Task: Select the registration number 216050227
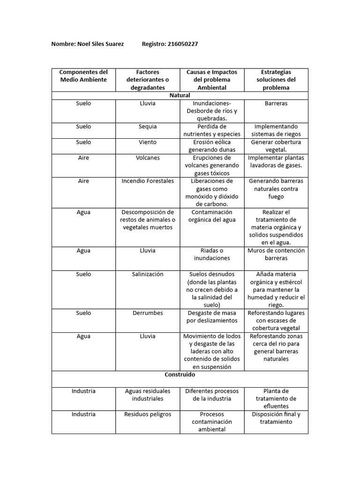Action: coord(182,44)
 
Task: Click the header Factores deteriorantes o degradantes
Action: coord(148,80)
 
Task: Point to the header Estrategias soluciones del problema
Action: coord(276,80)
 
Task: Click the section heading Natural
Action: coord(180,95)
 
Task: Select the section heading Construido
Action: coord(180,375)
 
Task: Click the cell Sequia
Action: coord(148,127)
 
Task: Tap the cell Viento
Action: coord(148,142)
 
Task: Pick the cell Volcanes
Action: coord(148,158)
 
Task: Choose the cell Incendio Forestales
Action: coord(148,181)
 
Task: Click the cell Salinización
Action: coord(148,274)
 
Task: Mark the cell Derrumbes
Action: coord(148,313)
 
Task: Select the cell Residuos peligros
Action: coord(148,414)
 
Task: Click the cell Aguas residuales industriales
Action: coord(148,395)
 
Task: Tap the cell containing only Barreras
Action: coord(276,103)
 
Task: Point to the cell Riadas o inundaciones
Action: coord(212,255)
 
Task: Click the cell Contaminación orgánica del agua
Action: coord(212,216)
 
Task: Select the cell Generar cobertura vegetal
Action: coord(276,146)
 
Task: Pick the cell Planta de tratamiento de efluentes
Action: coord(276,398)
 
